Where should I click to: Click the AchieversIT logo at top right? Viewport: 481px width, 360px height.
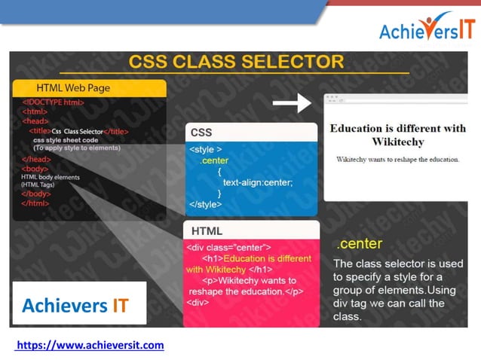point(426,29)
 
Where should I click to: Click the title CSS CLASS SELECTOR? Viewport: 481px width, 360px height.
point(235,61)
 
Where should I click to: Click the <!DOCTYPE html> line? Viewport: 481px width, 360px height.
point(53,102)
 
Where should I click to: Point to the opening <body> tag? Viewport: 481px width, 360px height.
point(35,169)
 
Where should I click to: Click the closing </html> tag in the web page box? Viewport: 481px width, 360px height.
point(35,203)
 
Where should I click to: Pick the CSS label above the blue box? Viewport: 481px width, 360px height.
point(201,133)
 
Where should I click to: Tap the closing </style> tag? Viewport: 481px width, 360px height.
point(205,204)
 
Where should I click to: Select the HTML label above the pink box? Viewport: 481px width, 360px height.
point(207,230)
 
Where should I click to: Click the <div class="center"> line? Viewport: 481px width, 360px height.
point(228,246)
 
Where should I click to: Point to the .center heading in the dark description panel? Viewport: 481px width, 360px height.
point(360,244)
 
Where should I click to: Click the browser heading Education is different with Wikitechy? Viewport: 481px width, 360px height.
point(397,135)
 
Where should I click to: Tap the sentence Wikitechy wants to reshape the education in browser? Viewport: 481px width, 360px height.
point(397,160)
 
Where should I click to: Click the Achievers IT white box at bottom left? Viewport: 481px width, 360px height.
point(78,305)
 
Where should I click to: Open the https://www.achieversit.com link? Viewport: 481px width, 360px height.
point(90,345)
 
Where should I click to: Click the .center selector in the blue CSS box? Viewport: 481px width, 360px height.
point(214,160)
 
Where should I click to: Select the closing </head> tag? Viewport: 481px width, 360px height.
point(36,159)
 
